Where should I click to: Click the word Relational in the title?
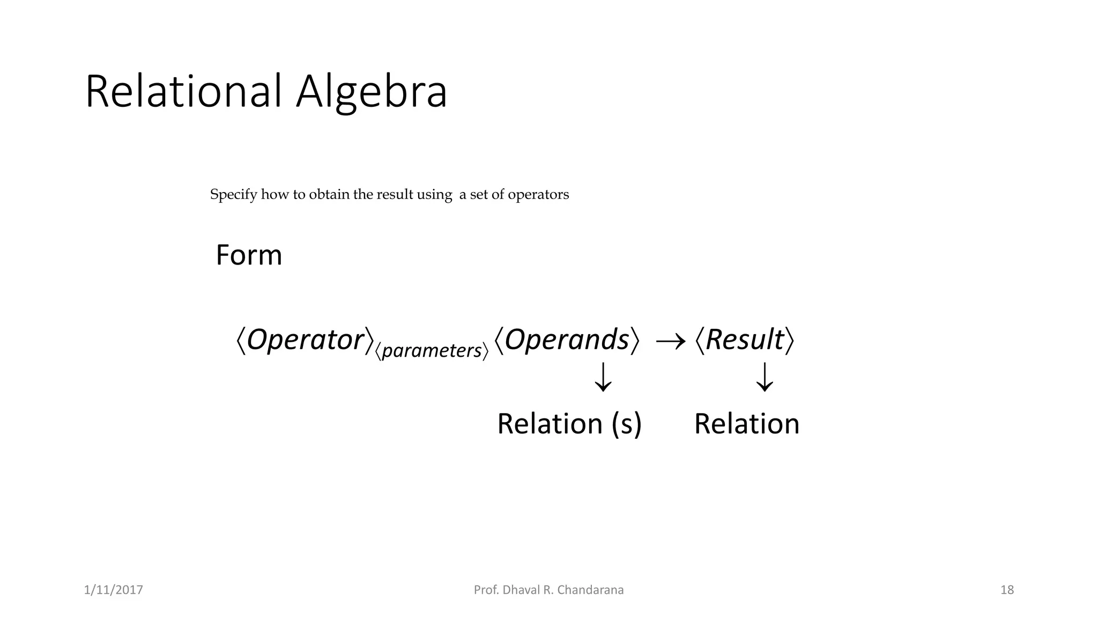(x=183, y=92)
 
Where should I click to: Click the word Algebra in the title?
(x=371, y=92)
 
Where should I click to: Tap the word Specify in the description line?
(x=233, y=195)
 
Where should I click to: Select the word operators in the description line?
(x=538, y=195)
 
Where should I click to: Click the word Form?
(x=249, y=255)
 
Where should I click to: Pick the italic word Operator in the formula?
(x=305, y=340)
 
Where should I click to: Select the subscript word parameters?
(x=432, y=351)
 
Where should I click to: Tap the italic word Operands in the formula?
(x=567, y=340)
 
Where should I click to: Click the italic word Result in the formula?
(x=745, y=340)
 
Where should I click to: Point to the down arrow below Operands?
(x=603, y=377)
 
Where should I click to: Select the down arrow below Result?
(x=765, y=377)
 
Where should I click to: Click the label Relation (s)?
(x=569, y=424)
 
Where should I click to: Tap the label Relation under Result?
(x=747, y=424)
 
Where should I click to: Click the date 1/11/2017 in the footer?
(x=114, y=590)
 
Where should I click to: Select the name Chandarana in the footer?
(x=590, y=590)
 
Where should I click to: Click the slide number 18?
(x=1007, y=590)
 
